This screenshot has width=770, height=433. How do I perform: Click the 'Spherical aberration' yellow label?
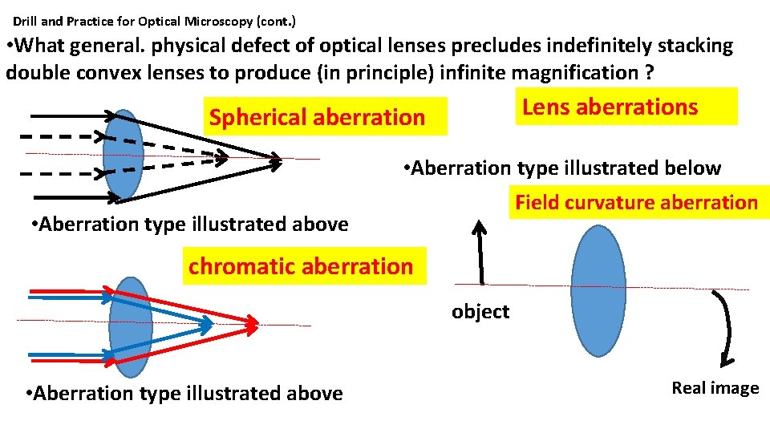[x=318, y=118]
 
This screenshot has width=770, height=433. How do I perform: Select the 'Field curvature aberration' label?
[x=636, y=202]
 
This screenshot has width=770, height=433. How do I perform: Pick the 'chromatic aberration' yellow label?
[x=301, y=265]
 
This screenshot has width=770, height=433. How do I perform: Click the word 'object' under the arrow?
[x=480, y=311]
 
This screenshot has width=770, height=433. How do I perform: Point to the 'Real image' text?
[x=715, y=388]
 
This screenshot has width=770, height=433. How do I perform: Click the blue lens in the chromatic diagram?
[x=130, y=326]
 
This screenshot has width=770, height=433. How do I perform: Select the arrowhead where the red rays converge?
[x=253, y=324]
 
